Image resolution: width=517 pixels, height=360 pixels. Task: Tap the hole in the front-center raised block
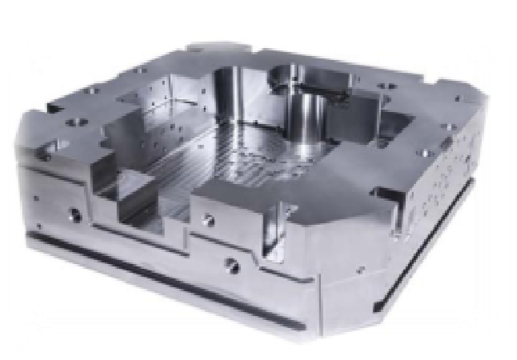click(210, 218)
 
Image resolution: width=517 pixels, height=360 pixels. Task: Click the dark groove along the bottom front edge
click(160, 272)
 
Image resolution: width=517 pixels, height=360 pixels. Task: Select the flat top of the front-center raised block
click(240, 200)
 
